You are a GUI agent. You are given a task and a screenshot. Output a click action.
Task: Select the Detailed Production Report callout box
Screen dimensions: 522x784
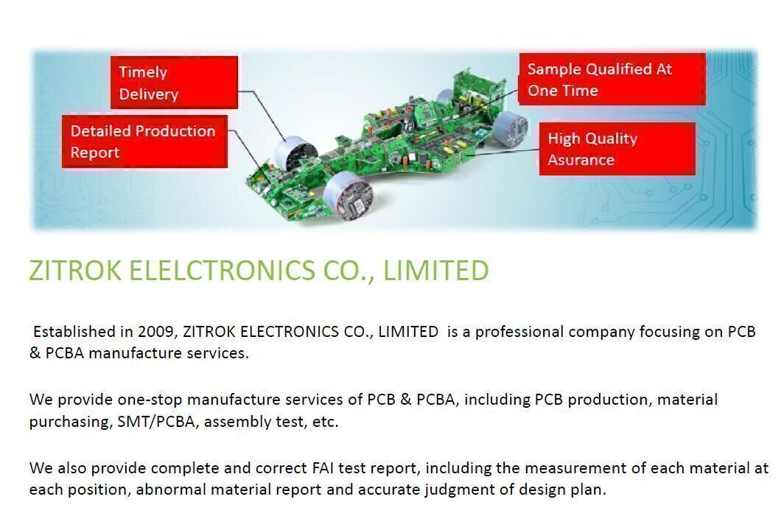tap(144, 142)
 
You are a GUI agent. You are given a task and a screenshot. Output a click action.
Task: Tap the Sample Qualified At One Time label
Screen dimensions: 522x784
tap(612, 80)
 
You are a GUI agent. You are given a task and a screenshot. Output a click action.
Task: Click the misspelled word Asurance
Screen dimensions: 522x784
tap(581, 160)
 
